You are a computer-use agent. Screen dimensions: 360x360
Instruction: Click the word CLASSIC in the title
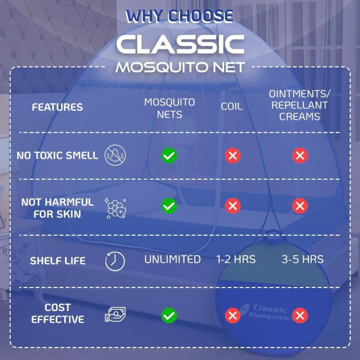pos(180,44)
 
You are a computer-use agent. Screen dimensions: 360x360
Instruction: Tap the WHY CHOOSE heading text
pos(179,16)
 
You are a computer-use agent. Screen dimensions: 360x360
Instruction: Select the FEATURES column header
pos(57,107)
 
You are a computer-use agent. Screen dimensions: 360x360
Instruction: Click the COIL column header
pos(232,107)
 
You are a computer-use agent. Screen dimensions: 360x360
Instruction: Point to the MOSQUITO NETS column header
pos(170,108)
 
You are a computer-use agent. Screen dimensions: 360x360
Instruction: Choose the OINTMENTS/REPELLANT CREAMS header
pos(300,105)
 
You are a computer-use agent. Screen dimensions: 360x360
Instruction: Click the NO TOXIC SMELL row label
pos(58,155)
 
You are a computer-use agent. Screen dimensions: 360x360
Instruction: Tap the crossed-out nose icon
pos(115,155)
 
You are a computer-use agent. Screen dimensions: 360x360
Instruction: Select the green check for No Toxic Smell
pos(169,156)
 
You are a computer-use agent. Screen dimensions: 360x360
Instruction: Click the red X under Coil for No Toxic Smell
pos(233,156)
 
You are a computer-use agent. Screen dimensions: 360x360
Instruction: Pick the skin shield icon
pos(115,208)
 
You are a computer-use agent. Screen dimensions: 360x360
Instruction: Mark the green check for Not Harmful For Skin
pos(169,206)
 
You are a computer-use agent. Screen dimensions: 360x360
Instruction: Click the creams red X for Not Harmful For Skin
pos(300,206)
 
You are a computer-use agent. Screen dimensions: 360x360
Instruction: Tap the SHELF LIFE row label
pos(58,261)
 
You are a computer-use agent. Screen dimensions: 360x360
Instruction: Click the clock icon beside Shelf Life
pos(115,261)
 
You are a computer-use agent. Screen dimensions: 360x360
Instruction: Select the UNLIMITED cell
pos(172,260)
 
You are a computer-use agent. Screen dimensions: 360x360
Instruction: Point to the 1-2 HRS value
pos(236,260)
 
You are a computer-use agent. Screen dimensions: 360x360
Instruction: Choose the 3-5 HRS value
pos(302,260)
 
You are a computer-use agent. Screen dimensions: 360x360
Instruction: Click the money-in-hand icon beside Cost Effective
pos(115,314)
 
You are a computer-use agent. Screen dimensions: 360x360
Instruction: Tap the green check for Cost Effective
pos(169,315)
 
